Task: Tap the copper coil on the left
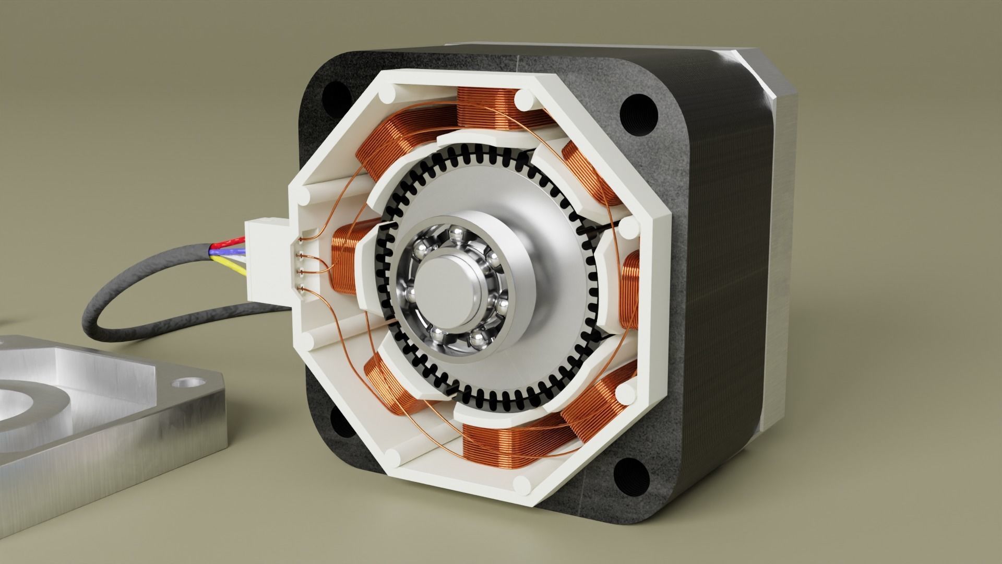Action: pyautogui.click(x=344, y=261)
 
